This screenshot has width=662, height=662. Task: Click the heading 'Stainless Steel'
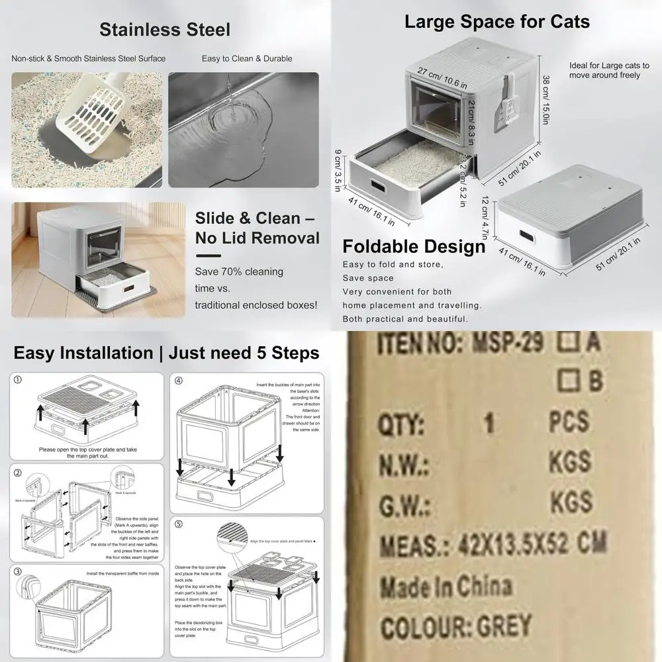[165, 29]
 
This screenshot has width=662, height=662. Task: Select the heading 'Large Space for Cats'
[496, 21]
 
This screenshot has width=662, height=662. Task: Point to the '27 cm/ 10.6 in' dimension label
[443, 76]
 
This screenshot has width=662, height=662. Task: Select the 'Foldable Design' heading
[414, 247]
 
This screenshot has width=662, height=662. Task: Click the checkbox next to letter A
[567, 344]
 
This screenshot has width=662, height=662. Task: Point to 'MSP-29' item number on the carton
[507, 344]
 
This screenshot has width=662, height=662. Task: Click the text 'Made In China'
[445, 587]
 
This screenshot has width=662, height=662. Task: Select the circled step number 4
[179, 381]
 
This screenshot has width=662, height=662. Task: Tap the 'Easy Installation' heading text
[83, 353]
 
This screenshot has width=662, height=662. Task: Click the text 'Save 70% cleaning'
[239, 271]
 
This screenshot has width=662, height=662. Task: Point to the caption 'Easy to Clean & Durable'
[247, 59]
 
